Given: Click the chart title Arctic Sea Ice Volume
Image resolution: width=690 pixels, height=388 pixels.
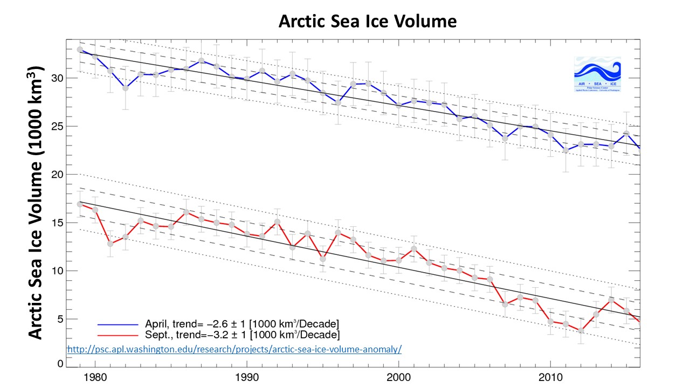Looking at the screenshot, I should tap(367, 22).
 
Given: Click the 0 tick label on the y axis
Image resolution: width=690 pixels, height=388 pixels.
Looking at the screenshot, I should tap(61, 364).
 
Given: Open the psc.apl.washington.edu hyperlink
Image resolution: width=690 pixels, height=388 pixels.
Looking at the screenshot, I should tap(234, 349).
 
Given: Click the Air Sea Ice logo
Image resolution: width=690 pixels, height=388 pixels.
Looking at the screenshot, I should tap(597, 74).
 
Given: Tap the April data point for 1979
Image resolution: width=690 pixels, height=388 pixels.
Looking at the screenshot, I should tap(80, 50).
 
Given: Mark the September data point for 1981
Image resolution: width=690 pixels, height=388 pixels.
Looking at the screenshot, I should tap(110, 244).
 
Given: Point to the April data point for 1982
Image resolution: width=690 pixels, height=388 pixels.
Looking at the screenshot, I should tap(125, 88).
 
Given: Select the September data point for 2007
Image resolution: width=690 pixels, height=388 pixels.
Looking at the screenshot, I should tap(505, 304).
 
